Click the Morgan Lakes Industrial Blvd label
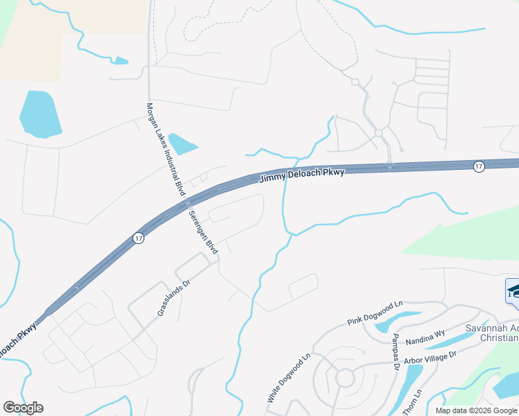tap(166, 148)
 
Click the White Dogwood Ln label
tap(287, 379)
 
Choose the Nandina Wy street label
tap(425, 339)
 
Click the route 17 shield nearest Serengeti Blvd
tap(138, 238)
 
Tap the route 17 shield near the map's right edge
tap(479, 166)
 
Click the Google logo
tap(23, 408)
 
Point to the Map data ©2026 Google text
tap(476, 410)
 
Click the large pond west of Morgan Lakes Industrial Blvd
tap(40, 113)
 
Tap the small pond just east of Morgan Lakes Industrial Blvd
tap(182, 144)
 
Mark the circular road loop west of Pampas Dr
tap(343, 378)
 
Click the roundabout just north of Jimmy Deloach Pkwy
tap(379, 132)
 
